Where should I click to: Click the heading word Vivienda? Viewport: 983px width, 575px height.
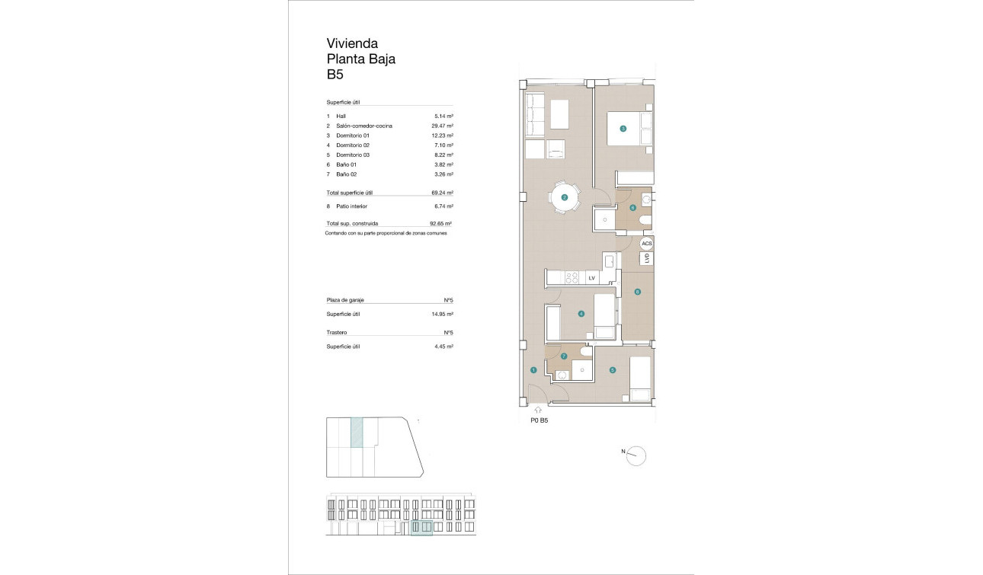point(352,43)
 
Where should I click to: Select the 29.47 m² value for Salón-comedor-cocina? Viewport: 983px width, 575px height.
point(442,126)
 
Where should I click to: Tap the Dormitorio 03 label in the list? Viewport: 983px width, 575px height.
point(352,155)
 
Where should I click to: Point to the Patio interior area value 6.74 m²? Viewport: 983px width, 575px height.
point(442,206)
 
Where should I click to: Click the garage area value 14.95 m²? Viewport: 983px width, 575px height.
point(442,314)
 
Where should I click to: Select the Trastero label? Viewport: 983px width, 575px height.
point(337,333)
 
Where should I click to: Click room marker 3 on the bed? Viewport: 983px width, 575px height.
point(623,129)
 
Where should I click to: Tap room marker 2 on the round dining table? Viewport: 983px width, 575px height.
point(565,198)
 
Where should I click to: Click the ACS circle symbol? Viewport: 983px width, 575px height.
point(646,244)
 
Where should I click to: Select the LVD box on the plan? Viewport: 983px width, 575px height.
point(647,259)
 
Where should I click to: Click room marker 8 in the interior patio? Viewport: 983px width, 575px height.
point(637,292)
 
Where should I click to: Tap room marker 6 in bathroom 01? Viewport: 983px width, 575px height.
point(632,207)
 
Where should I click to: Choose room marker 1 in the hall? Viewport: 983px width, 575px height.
point(533,370)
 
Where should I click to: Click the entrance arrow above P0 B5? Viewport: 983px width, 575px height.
point(539,410)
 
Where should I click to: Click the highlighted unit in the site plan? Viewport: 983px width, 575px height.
point(356,432)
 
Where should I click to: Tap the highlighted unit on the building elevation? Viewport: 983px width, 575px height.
point(421,528)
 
